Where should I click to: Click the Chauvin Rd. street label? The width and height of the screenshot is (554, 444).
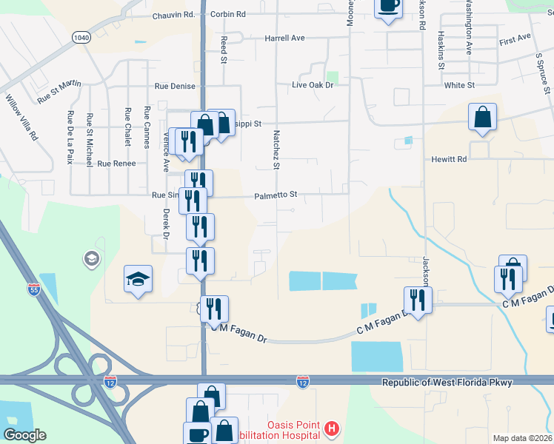pos(173,15)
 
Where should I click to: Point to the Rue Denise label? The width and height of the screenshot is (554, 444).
pos(175,86)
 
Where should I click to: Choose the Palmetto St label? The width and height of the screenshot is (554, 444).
pos(276,195)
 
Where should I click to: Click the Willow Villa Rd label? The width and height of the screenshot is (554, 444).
pos(21,117)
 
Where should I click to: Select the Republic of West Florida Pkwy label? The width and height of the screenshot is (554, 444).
pos(457,383)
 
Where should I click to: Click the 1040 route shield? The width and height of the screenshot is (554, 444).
pos(81,37)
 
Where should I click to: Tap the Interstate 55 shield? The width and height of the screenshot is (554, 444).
pos(34,290)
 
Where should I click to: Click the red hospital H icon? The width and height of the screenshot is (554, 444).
pos(333,428)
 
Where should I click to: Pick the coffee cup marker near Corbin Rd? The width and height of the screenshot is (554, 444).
pos(387,7)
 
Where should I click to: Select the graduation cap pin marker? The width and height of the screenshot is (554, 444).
pos(138,279)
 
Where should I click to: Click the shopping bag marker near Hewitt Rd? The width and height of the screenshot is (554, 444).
pos(482,117)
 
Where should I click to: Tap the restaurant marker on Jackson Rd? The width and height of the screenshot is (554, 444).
pos(418,300)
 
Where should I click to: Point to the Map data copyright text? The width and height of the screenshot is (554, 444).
pos(522,438)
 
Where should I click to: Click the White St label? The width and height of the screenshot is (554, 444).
pos(459,86)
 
